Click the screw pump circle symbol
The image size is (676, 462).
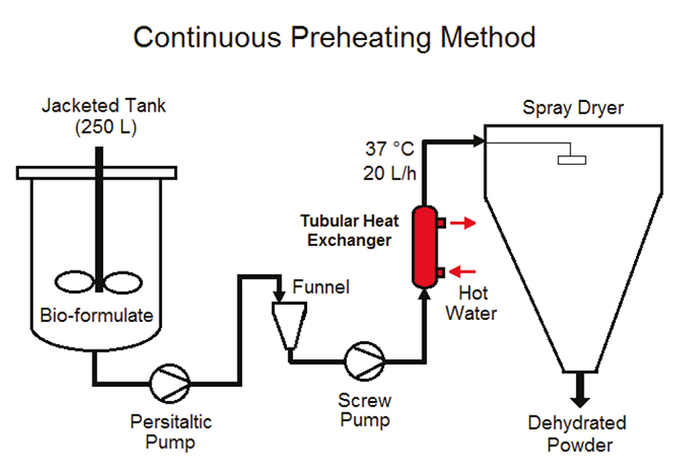point(368,360)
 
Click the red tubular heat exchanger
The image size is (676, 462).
point(421,246)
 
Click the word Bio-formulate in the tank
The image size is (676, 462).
point(95,315)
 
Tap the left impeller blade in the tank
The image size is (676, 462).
point(72,282)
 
